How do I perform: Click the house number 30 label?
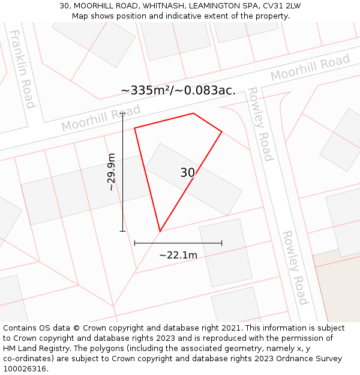coord(187,173)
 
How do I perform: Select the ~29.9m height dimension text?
coord(111,172)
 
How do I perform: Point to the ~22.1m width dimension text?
coord(178,255)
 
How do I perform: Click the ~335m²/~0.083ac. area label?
coord(178,91)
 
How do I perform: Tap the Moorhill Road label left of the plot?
coord(101,118)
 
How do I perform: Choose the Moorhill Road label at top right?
coord(310,68)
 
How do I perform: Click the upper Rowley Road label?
coord(260,124)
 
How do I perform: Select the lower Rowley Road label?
coord(295,268)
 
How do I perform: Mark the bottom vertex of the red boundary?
coord(160,232)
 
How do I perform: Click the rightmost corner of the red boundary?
coord(222,131)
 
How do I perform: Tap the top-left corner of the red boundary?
coord(134,128)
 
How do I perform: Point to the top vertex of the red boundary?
coord(193,113)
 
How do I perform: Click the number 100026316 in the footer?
coord(23,368)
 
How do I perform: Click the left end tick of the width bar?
coord(134,243)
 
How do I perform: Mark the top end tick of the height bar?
coord(122,113)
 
